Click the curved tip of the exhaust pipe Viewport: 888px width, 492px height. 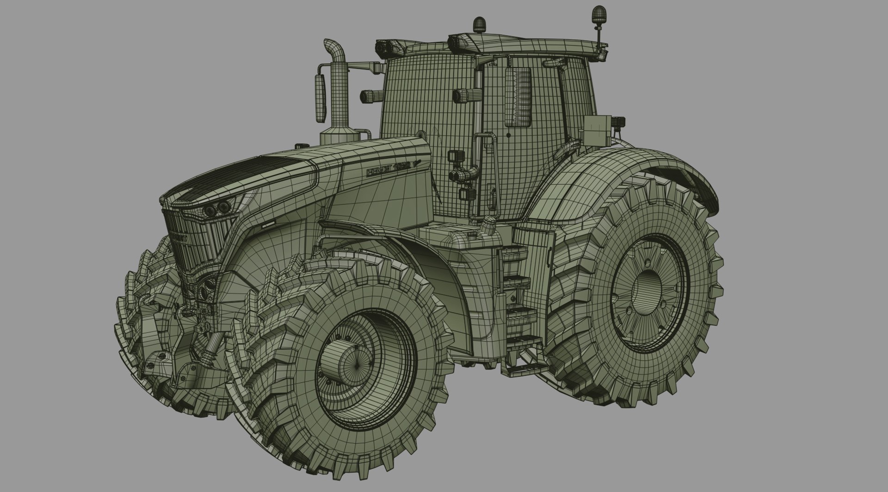[334, 46]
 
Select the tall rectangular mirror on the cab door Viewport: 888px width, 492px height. [518, 97]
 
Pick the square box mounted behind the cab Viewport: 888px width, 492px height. [596, 131]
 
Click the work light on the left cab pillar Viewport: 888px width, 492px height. [369, 97]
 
